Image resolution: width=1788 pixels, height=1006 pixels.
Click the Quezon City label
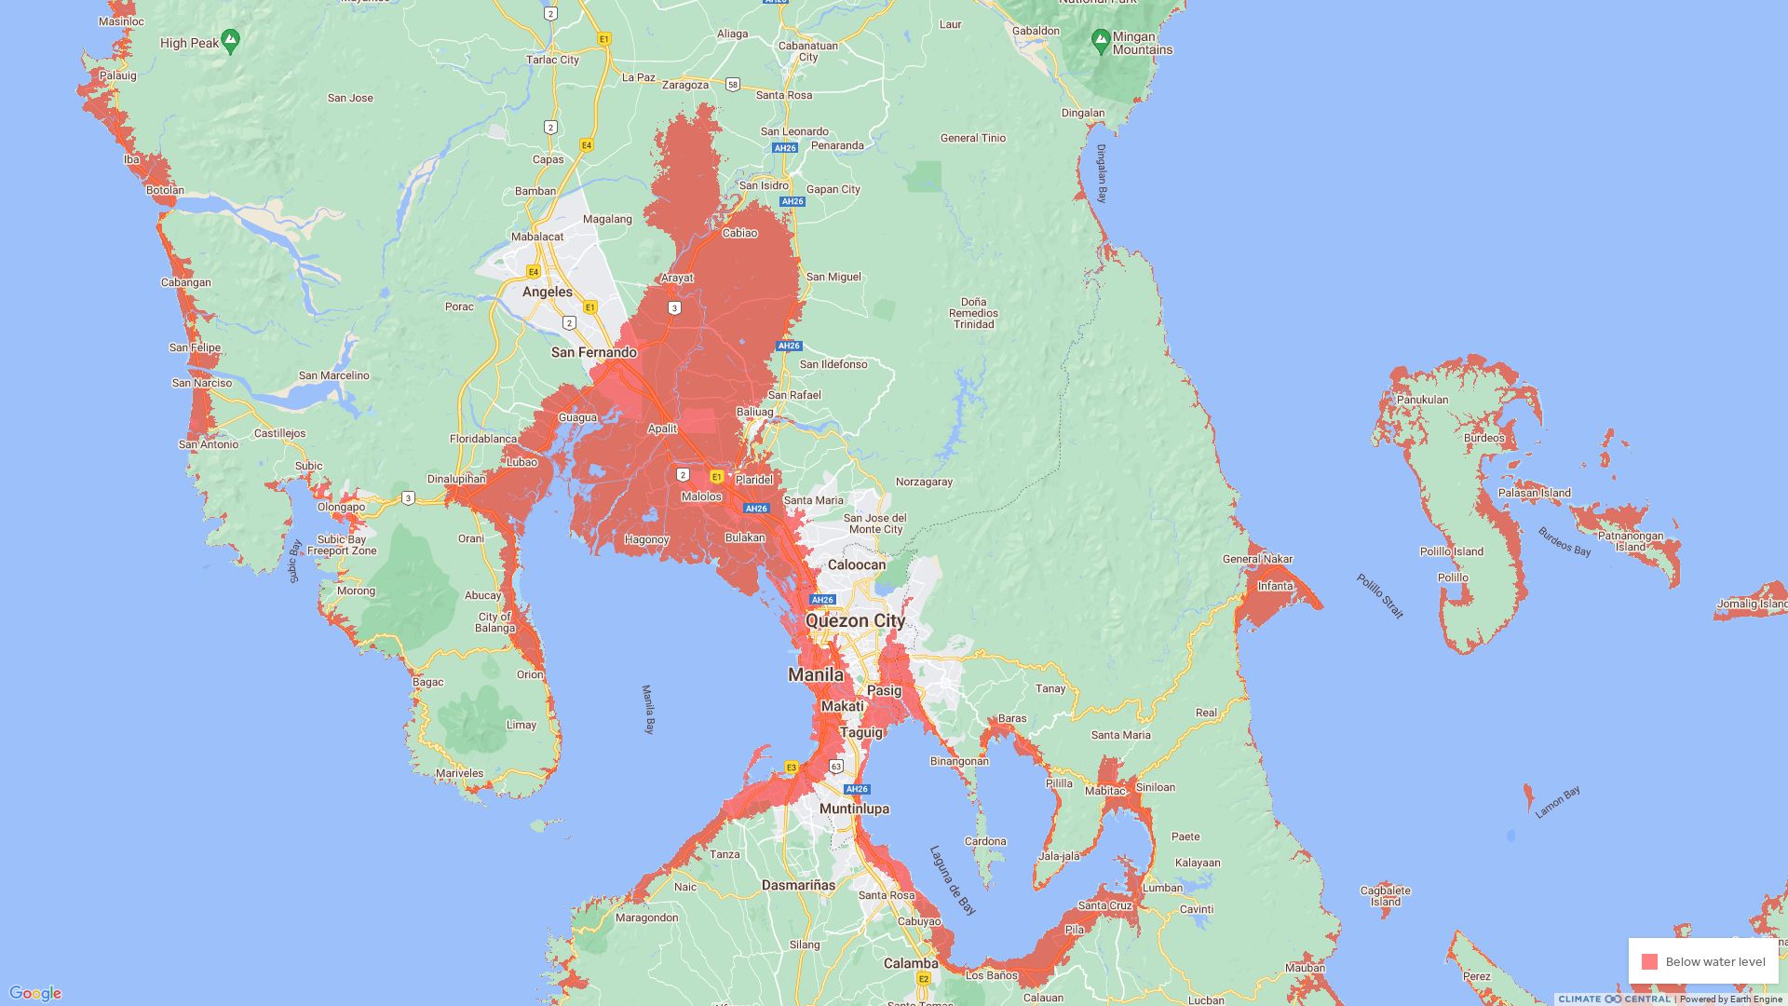pos(855,621)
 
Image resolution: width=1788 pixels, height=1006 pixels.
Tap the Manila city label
pos(816,674)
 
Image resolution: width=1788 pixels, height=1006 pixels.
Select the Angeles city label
pos(548,292)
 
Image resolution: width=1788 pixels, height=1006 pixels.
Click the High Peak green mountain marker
pos(231,41)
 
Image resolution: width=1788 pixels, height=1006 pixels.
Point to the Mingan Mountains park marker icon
pos(1100,41)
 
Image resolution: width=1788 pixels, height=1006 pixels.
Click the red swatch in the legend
pos(1649,962)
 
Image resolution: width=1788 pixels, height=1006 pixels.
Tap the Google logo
pos(35,994)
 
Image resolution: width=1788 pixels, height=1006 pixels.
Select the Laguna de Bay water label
pos(952,880)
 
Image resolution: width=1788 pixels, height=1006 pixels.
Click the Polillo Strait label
pos(1379,596)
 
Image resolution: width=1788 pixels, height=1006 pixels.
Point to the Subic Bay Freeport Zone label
pos(342,545)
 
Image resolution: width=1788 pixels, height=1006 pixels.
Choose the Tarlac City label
pos(552,60)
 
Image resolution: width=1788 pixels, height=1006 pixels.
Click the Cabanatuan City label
pos(807,51)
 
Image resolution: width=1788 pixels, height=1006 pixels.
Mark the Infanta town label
pos(1275,586)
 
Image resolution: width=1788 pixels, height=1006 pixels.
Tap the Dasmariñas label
pos(798,885)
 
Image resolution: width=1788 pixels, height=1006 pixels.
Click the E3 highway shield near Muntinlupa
pos(791,768)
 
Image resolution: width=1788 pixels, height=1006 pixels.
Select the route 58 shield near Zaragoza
pos(733,85)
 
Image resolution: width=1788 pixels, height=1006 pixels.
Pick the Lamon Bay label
pos(1557,803)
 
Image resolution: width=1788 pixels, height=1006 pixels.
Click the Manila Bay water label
pos(648,710)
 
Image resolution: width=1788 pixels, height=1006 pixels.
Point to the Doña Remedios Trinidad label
pos(973,313)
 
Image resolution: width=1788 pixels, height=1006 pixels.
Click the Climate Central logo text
pos(1614,999)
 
